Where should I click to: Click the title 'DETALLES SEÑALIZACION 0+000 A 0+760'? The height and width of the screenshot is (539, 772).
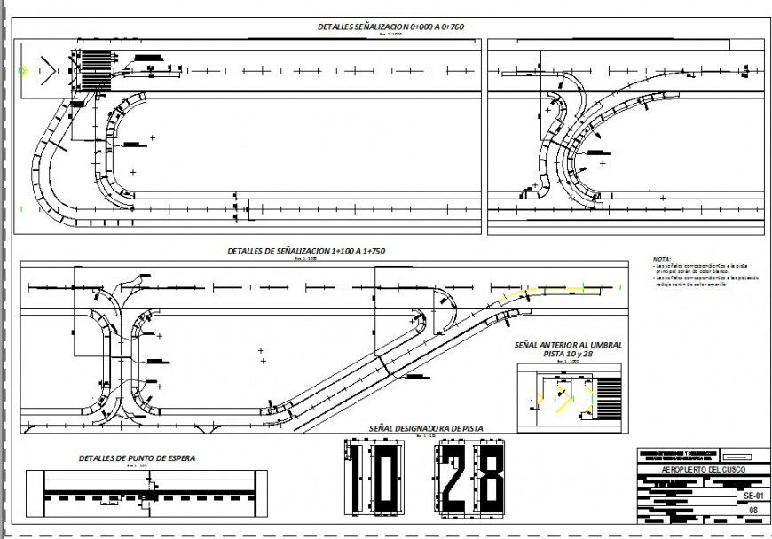point(390,27)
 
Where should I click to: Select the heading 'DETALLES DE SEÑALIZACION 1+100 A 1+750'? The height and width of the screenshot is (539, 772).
point(306,252)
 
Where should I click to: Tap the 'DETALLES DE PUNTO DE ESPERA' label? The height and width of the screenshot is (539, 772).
point(137,458)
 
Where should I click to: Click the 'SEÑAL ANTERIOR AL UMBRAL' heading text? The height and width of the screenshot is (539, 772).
point(568,344)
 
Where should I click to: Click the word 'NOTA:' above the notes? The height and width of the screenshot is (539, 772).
point(662,258)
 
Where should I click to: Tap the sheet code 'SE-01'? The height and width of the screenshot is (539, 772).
point(753,495)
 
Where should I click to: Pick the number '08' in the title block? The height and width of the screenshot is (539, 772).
point(753,510)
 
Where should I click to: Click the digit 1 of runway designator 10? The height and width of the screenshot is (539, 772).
point(355,479)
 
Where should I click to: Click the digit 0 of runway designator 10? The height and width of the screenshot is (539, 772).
point(388,479)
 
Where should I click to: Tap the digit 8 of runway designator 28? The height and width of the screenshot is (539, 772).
point(489,479)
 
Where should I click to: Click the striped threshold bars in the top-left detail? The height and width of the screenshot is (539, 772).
point(94,68)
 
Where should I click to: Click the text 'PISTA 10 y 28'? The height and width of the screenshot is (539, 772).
point(568,354)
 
